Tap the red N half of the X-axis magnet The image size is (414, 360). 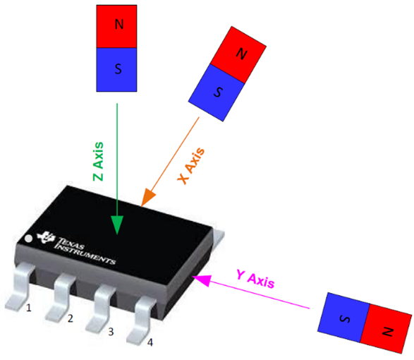(x=241, y=52)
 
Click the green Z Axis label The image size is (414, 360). (x=99, y=162)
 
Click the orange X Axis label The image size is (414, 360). (x=192, y=166)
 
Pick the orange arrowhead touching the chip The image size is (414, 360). (x=149, y=197)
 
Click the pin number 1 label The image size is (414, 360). (x=28, y=308)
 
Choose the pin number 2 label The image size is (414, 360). (x=70, y=318)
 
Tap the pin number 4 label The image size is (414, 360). (x=150, y=342)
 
